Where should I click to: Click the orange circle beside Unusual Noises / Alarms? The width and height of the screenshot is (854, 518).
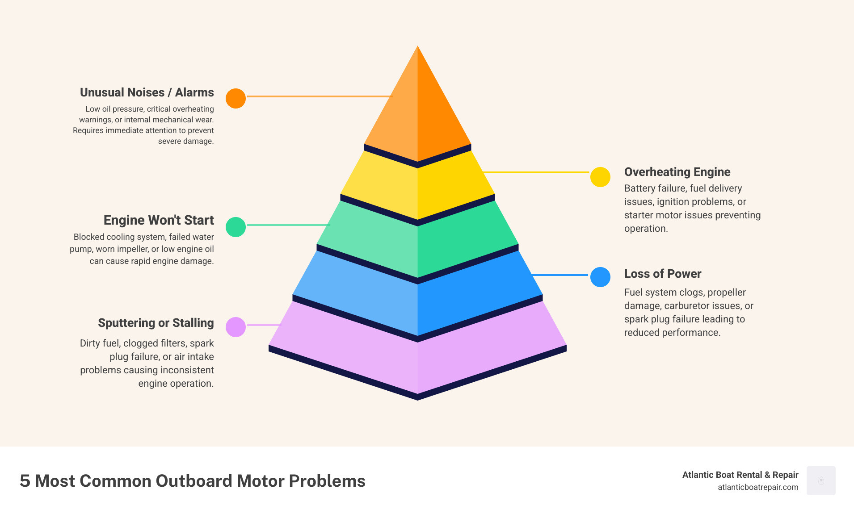pos(236,98)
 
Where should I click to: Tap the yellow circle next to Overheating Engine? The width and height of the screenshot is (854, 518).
pos(600,177)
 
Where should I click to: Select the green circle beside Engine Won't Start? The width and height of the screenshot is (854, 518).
pos(236,227)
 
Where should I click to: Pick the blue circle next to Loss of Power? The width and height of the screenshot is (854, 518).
pos(600,277)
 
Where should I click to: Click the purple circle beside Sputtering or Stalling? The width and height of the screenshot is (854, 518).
pos(236,327)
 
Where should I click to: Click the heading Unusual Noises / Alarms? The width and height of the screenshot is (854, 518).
pos(147,92)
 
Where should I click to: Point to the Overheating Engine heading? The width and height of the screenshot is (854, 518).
pos(677,172)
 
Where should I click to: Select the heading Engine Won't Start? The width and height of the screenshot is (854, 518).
pos(159,220)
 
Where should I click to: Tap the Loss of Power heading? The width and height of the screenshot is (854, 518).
pos(662,274)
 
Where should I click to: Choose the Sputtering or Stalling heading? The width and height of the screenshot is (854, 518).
pos(156,323)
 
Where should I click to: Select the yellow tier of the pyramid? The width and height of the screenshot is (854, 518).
pos(417,188)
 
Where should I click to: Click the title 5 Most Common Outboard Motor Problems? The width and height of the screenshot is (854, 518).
pos(193,481)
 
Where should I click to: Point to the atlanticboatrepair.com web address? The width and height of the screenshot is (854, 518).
pos(758,487)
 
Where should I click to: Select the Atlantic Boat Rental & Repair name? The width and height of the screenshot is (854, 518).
pos(740,475)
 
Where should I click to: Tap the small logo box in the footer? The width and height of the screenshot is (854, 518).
pos(821,480)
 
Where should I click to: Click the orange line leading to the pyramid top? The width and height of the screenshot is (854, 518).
pos(319,96)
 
